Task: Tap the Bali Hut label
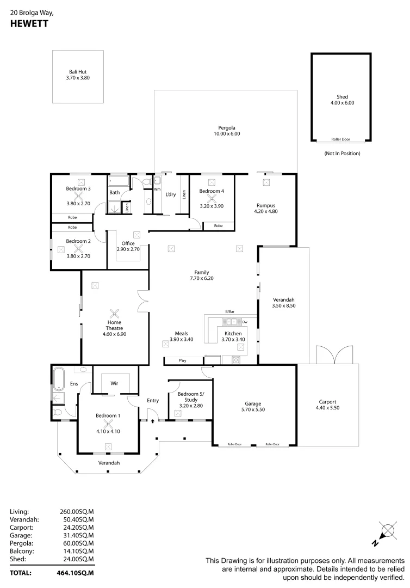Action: click(x=77, y=71)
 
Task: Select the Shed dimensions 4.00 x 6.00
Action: click(x=341, y=102)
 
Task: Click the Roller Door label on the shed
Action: click(x=341, y=139)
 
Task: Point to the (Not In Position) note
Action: click(x=342, y=154)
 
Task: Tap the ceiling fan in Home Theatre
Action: click(x=115, y=313)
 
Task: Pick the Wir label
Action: click(x=115, y=383)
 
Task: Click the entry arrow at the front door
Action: click(x=153, y=420)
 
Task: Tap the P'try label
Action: click(x=183, y=360)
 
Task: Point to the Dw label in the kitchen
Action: click(x=245, y=322)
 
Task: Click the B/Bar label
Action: click(x=229, y=311)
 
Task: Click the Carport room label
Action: click(x=328, y=402)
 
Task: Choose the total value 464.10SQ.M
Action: click(x=76, y=573)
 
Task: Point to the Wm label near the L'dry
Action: click(x=157, y=189)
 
